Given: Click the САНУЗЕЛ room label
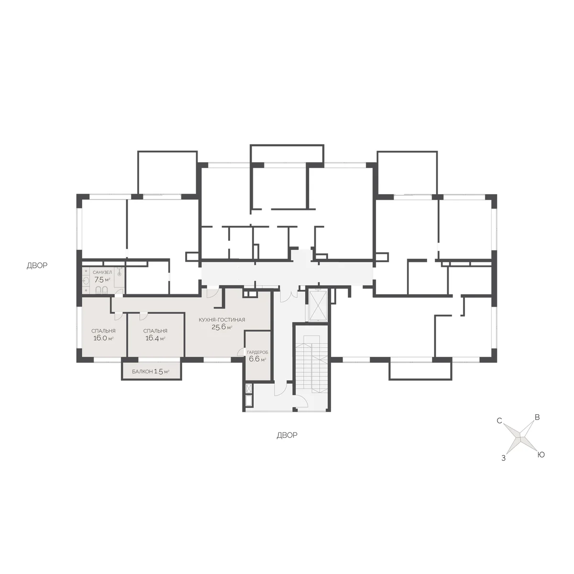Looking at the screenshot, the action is point(102,272).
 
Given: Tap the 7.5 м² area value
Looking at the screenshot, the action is point(102,280).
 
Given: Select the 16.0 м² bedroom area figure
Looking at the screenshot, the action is point(103,338).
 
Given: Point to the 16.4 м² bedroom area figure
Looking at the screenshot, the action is point(155,338).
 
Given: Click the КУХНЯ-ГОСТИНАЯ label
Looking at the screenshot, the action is point(222,320).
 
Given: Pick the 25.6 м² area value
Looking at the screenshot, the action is point(222,327).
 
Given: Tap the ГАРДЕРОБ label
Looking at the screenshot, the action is point(257,353).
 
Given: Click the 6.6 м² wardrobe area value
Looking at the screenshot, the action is point(257,359).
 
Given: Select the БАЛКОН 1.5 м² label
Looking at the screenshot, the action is point(151,372).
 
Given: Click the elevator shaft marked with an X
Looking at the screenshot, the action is point(318,306).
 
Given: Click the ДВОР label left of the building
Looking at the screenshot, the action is point(37,265).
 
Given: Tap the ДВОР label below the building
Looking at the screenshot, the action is point(287,435).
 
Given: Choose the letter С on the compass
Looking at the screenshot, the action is point(499,420).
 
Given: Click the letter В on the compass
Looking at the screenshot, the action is point(537,417).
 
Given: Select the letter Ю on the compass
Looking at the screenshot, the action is point(541,455).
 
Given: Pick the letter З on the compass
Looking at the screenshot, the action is point(503,458).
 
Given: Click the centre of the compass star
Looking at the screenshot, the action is point(520,437).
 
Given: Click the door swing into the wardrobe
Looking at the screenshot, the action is point(241,352).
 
